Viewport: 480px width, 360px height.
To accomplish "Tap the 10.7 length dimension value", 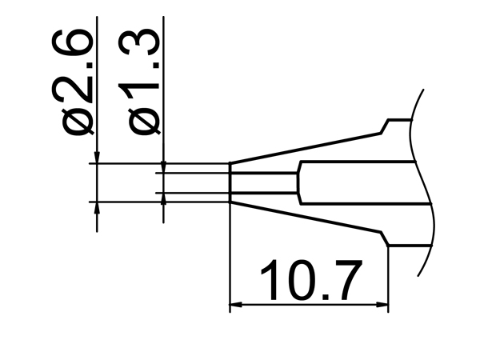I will (307, 280).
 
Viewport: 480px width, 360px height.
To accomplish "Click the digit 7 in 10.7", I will (346, 280).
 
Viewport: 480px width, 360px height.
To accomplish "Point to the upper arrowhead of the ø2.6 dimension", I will (96, 158).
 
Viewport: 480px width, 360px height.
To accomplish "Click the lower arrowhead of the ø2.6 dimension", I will (96, 207).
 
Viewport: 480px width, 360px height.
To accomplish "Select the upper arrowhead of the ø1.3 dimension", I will (163, 166).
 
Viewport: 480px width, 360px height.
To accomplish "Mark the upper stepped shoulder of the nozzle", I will (387, 126).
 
